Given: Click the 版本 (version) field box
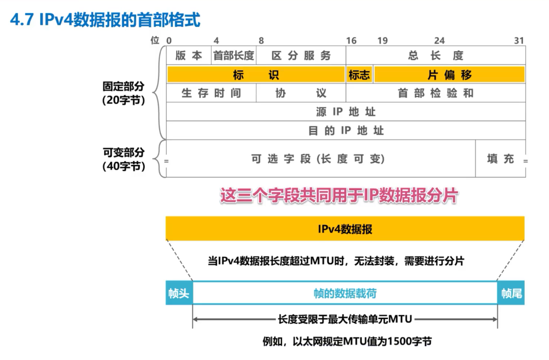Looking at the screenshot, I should (x=189, y=56).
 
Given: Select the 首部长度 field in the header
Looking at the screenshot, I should (x=234, y=56).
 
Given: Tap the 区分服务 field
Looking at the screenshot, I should (x=301, y=56).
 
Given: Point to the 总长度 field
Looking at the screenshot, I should (x=436, y=56).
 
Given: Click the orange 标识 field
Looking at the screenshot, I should (x=256, y=75).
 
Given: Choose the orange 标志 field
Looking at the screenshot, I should (x=359, y=75).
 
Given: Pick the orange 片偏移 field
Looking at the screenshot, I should (x=449, y=75).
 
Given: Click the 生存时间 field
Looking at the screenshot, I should (x=211, y=93).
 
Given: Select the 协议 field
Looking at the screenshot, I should (x=301, y=93).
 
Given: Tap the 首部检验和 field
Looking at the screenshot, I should (x=436, y=93).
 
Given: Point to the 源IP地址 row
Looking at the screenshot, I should (x=346, y=112).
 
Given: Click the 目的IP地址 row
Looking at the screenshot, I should (x=346, y=130).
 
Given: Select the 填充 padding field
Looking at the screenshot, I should (x=501, y=159).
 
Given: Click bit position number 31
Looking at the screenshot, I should (x=519, y=41).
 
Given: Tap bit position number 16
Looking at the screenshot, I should (x=351, y=41).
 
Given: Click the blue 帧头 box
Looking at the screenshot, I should (x=179, y=293).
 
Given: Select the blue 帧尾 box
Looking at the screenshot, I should (x=511, y=293).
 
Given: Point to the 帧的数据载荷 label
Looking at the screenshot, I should (x=345, y=293).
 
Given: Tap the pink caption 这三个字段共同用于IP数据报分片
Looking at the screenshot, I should (x=339, y=196).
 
